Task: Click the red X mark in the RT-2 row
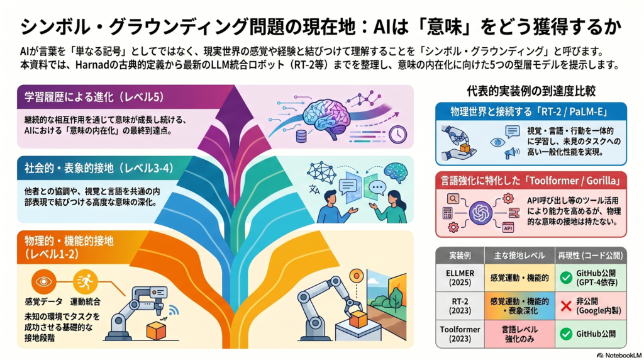(566, 306)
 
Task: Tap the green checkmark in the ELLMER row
(566, 278)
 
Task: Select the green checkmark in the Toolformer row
(566, 334)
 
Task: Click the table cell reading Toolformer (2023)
(460, 334)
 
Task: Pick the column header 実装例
(460, 256)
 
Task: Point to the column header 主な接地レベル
(519, 256)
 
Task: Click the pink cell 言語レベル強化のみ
(519, 334)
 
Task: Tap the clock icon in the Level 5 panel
(397, 135)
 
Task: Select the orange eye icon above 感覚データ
(43, 281)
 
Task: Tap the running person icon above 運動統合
(85, 281)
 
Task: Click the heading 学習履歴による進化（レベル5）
(94, 96)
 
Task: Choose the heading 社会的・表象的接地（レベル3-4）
(99, 168)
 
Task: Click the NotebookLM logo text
(619, 355)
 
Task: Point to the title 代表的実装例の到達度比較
(531, 91)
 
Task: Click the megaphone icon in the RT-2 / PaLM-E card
(511, 154)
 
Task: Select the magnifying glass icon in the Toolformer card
(453, 199)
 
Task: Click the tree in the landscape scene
(396, 297)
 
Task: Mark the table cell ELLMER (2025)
(460, 278)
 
